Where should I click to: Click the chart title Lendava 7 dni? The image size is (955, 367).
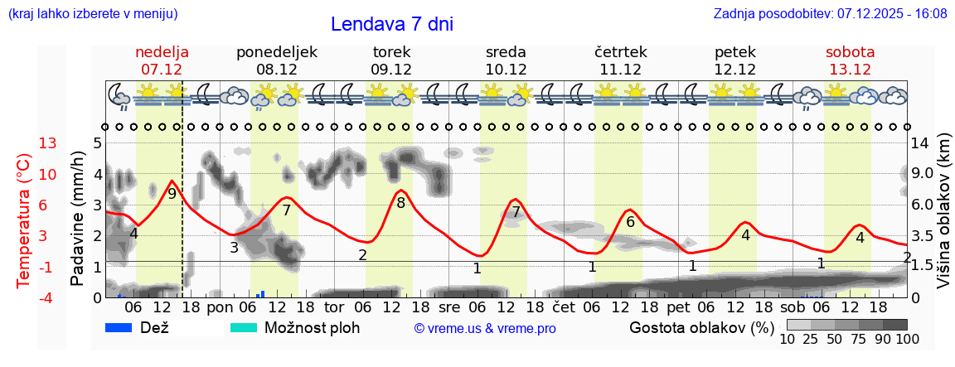tap(392, 24)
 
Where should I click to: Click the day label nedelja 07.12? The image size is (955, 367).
tap(162, 60)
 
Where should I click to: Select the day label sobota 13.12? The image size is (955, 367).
tap(850, 60)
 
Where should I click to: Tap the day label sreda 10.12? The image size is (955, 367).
tap(506, 60)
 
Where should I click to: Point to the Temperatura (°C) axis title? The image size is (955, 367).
tap(24, 220)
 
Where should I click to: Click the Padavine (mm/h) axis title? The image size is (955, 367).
tap(78, 220)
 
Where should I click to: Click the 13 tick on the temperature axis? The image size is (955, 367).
tap(48, 143)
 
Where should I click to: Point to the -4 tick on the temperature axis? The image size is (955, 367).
tap(47, 297)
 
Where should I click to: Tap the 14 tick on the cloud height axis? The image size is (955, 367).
tap(921, 143)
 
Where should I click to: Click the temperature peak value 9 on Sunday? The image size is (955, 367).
tap(172, 194)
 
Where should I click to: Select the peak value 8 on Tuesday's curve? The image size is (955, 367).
tap(400, 202)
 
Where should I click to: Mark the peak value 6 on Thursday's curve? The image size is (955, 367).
tap(630, 222)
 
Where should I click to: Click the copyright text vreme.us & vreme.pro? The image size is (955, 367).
tap(485, 328)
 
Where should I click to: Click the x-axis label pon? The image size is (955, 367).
tap(221, 307)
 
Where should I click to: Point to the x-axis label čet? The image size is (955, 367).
tap(564, 307)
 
